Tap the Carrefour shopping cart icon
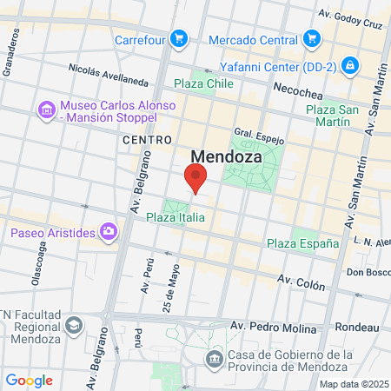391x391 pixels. (x=178, y=38)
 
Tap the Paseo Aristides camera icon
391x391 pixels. (x=109, y=232)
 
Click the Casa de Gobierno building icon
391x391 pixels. (x=214, y=358)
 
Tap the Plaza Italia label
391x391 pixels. (x=176, y=217)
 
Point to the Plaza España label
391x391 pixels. (x=302, y=243)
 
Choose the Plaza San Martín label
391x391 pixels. (x=334, y=116)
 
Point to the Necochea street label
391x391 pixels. (x=299, y=89)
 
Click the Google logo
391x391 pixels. (x=29, y=380)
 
